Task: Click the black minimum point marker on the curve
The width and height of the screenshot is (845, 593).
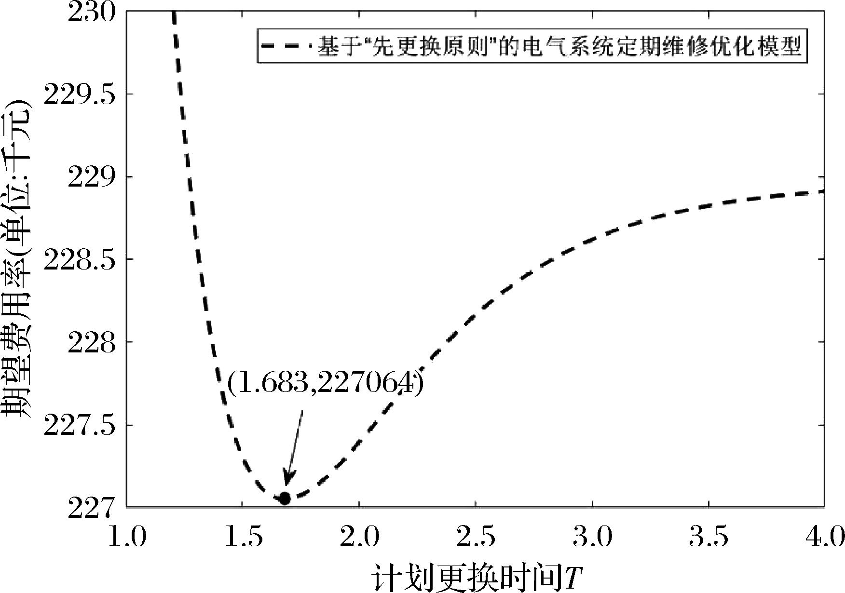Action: (x=285, y=499)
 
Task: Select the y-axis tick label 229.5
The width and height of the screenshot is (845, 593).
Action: (x=80, y=94)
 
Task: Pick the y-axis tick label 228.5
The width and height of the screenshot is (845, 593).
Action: (x=80, y=260)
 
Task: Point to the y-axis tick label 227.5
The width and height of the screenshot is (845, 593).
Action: (x=80, y=426)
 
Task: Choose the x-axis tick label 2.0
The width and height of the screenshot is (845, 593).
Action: (x=359, y=537)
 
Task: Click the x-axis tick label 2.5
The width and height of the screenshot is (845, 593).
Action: (x=476, y=537)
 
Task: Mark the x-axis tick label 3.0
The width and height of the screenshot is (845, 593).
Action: (x=592, y=537)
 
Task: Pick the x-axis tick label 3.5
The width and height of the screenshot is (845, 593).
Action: (x=709, y=537)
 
